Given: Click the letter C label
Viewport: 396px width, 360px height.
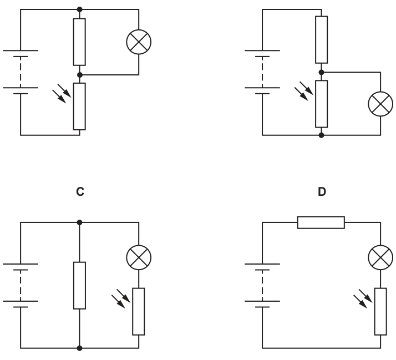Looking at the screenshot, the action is pos(80,192).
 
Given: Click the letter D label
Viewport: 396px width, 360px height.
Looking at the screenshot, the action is pos(322,192).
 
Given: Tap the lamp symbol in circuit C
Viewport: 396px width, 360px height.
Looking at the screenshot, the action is pos(139,257).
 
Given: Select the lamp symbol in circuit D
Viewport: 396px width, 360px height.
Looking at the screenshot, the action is pos(380,257).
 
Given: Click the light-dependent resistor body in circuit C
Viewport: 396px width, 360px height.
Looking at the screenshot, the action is pos(139,312).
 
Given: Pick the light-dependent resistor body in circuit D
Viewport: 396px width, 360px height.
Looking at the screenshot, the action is pos(380,312).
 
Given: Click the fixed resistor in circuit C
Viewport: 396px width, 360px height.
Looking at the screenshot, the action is pos(79,286).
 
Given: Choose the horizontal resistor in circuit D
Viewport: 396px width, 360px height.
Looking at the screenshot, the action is pos(321,222).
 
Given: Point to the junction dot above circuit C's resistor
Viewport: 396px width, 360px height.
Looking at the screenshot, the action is pos(79,222).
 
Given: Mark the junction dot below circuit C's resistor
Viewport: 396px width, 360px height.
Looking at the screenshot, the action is pos(79,348).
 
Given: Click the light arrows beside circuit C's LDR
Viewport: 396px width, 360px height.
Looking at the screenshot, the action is pos(121,298).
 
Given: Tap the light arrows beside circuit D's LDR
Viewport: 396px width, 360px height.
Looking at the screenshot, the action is pos(363,298).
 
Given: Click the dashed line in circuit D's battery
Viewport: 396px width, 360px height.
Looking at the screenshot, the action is pos(262,286).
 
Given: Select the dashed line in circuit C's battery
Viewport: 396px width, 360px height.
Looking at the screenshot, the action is pos(21,286).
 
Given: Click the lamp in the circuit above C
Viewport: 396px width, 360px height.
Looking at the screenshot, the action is pos(139,42).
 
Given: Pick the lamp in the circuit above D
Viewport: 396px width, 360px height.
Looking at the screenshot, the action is pos(380,104).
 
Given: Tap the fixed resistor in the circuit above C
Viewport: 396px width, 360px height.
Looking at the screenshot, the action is pos(79,42).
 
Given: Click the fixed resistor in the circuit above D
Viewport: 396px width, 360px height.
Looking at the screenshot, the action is pos(322,40).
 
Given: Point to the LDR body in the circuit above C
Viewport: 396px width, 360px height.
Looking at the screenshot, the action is pos(79,107).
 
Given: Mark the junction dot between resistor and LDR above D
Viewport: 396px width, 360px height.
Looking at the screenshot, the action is pos(322,73).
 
